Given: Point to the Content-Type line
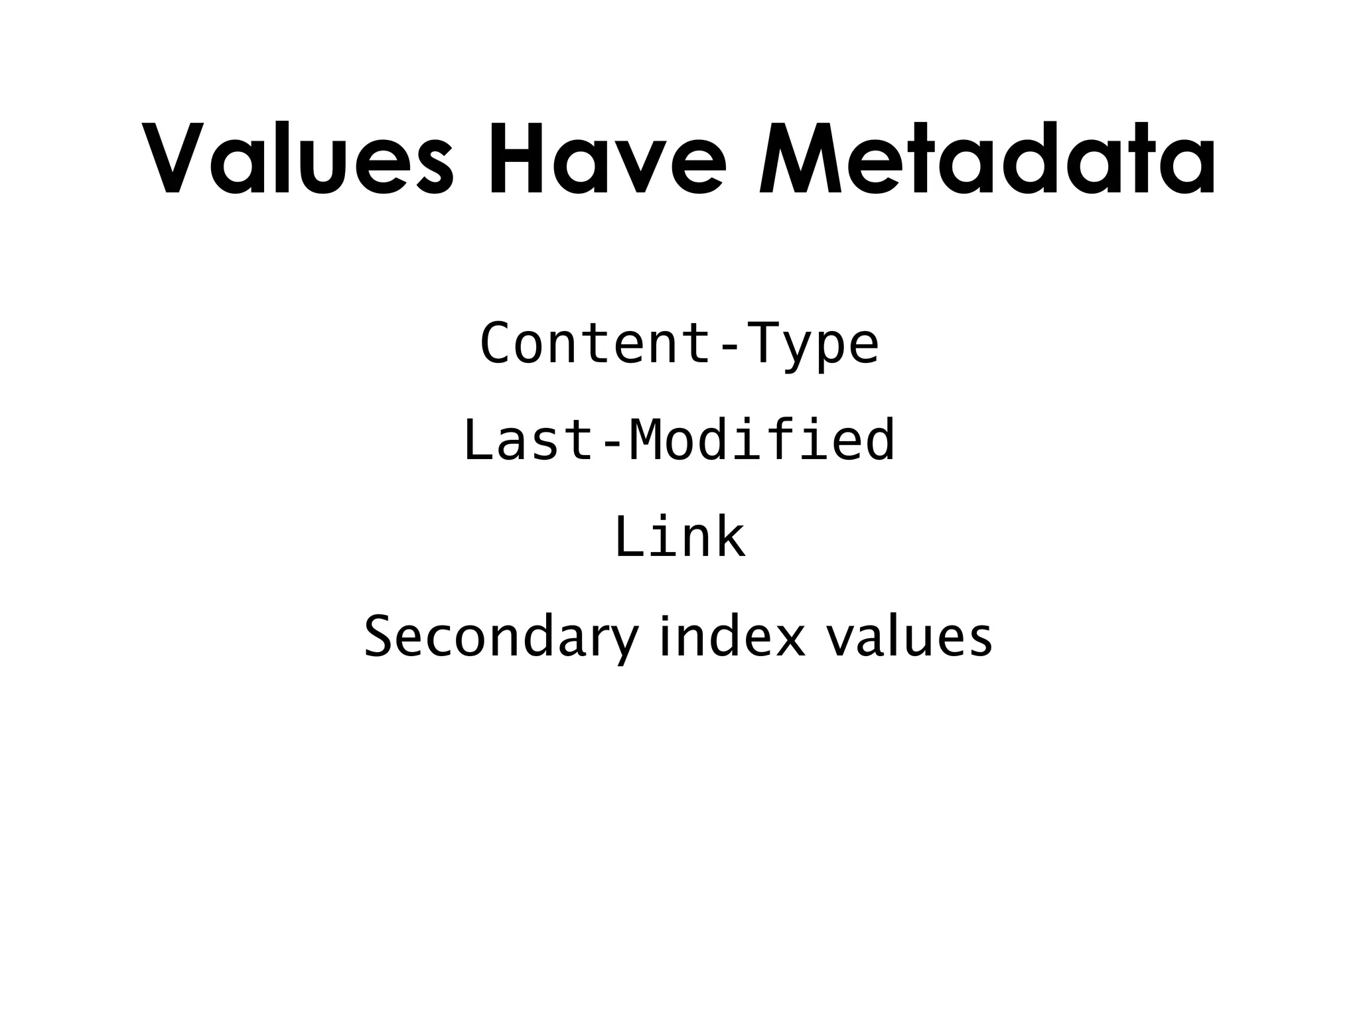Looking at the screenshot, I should tap(679, 344).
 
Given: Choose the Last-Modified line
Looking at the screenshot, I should tap(679, 441).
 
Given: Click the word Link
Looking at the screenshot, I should tap(679, 537).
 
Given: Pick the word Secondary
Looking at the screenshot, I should tap(501, 637).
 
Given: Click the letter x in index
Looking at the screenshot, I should tap(790, 640).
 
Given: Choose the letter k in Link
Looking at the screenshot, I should tap(730, 537).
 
